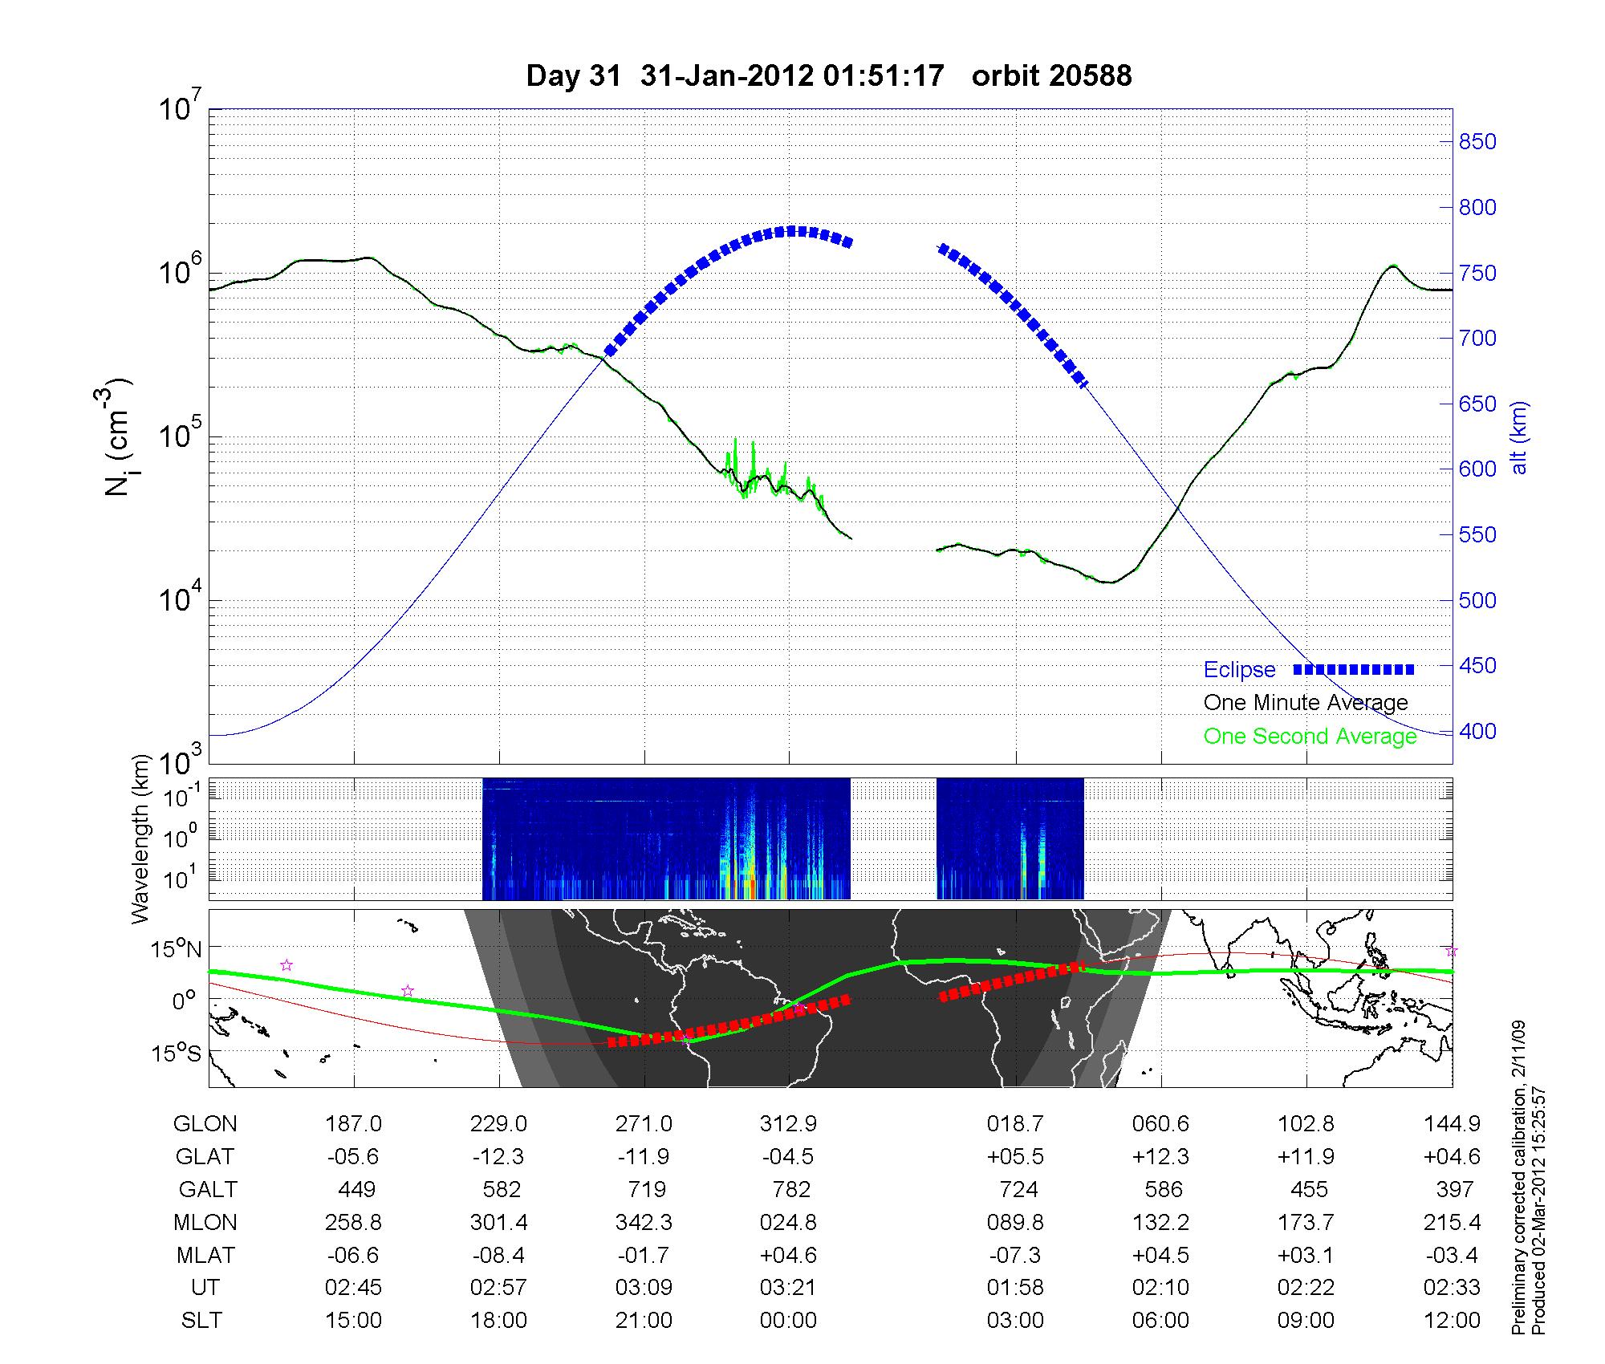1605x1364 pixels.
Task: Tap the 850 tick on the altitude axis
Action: pyautogui.click(x=1477, y=142)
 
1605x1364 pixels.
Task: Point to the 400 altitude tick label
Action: pyautogui.click(x=1477, y=732)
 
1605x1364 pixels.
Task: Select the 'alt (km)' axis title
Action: pyautogui.click(x=1519, y=437)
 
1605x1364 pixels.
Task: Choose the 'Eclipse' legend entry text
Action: pyautogui.click(x=1239, y=670)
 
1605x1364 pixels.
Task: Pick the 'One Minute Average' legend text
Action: pyautogui.click(x=1306, y=703)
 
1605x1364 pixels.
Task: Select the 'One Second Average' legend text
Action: pyautogui.click(x=1310, y=737)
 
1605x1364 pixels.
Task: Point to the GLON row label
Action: pyautogui.click(x=205, y=1124)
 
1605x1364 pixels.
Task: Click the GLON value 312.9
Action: pyautogui.click(x=788, y=1124)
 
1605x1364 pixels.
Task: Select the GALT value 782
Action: pyautogui.click(x=790, y=1189)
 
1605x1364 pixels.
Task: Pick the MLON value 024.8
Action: pyautogui.click(x=788, y=1223)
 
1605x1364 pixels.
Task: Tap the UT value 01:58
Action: pyautogui.click(x=1015, y=1288)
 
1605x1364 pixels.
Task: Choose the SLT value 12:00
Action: pyautogui.click(x=1452, y=1321)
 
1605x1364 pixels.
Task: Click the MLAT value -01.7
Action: pyautogui.click(x=644, y=1255)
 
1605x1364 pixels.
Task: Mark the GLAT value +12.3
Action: pyautogui.click(x=1160, y=1157)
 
